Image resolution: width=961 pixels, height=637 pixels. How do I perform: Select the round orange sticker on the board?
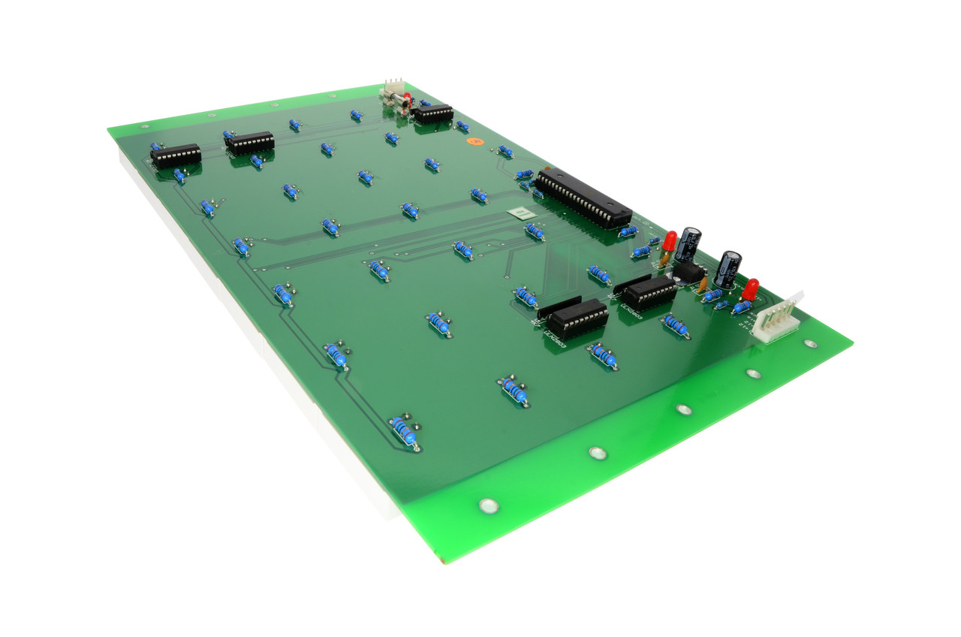point(472,140)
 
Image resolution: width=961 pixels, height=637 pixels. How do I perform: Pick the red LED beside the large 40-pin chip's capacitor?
point(669,241)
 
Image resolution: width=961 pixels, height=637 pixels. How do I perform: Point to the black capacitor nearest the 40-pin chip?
point(688,244)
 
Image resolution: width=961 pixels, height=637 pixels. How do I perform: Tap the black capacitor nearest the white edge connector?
point(728,267)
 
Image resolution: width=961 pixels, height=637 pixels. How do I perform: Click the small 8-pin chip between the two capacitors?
point(688,272)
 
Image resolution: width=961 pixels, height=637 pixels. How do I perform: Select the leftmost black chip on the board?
point(176,155)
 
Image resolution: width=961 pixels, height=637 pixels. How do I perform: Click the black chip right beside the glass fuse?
point(433,114)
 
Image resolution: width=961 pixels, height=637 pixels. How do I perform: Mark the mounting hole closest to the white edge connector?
point(809,344)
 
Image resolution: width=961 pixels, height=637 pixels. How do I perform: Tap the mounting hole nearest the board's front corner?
point(489,506)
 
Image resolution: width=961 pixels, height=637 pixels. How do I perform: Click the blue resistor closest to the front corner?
point(404,433)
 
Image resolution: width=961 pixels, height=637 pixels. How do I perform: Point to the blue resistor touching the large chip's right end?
point(628,231)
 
